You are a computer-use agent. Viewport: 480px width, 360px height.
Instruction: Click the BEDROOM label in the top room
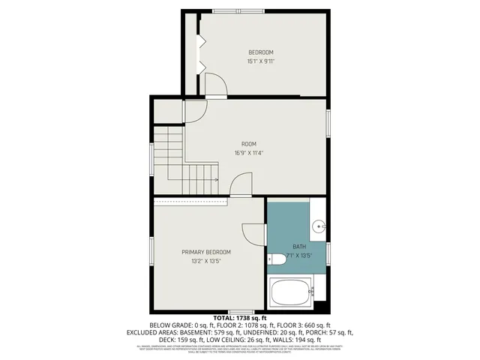(261, 52)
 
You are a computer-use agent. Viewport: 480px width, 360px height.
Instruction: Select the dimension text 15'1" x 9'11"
(261, 61)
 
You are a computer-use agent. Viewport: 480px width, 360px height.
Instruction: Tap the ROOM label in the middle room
(249, 144)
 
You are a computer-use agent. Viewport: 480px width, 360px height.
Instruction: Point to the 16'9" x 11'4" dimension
(249, 154)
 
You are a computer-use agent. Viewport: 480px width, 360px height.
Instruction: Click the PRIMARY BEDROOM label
(205, 252)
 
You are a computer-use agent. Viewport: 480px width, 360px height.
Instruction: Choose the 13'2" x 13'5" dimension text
(205, 262)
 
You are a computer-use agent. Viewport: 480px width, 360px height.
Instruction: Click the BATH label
(299, 247)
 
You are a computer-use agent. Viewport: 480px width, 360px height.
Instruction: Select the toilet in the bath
(277, 259)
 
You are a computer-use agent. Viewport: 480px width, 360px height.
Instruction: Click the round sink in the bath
(318, 224)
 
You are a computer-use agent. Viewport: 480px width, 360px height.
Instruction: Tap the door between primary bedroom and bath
(255, 234)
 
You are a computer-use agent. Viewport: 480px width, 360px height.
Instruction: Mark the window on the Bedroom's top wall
(238, 11)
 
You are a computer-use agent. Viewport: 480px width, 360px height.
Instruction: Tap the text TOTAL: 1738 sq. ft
(239, 318)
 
